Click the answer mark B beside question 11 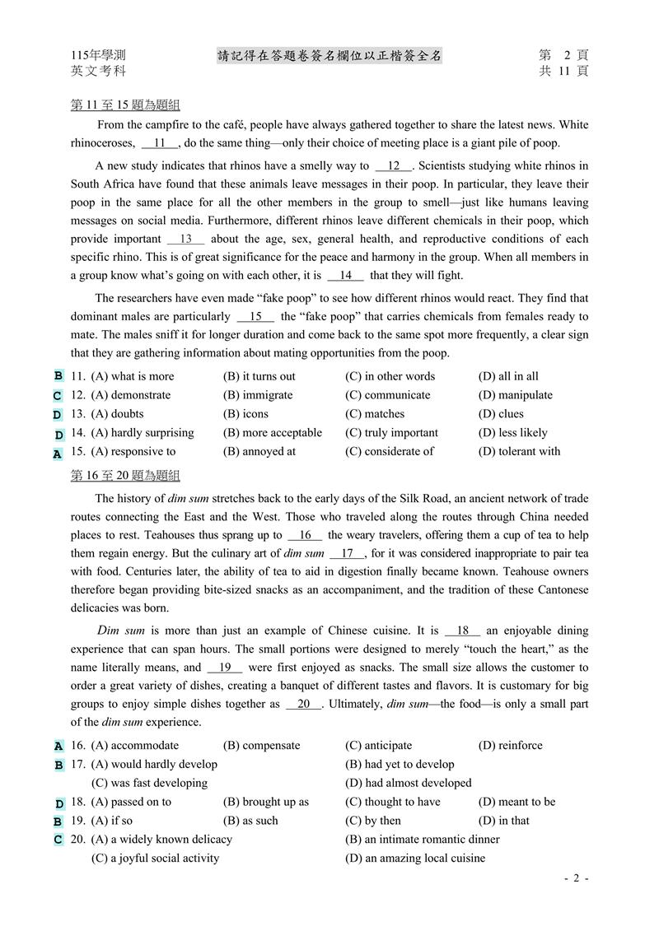pyautogui.click(x=58, y=376)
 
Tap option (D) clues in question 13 pyautogui.click(x=501, y=414)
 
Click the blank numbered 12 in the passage pyautogui.click(x=393, y=166)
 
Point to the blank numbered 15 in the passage pyautogui.click(x=255, y=316)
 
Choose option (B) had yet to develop pyautogui.click(x=400, y=765)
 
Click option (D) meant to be pyautogui.click(x=516, y=802)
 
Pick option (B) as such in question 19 pyautogui.click(x=250, y=821)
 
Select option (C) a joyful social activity pyautogui.click(x=155, y=858)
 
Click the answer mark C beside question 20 pyautogui.click(x=58, y=840)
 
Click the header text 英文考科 pyautogui.click(x=98, y=72)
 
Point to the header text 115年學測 pyautogui.click(x=98, y=55)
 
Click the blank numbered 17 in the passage pyautogui.click(x=347, y=554)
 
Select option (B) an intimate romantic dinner pyautogui.click(x=423, y=840)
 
